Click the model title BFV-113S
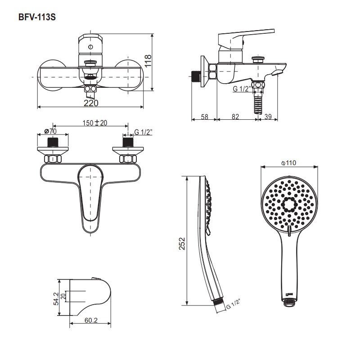click(x=37, y=18)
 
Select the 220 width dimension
click(x=91, y=103)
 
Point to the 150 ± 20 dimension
click(x=95, y=123)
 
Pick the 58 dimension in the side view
click(x=204, y=117)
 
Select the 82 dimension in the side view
click(x=235, y=117)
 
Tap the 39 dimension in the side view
click(x=268, y=117)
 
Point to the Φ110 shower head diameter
click(x=288, y=163)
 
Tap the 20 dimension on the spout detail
click(x=64, y=296)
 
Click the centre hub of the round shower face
click(x=288, y=205)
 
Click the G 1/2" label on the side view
click(x=241, y=89)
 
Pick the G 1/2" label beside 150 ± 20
click(x=144, y=132)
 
